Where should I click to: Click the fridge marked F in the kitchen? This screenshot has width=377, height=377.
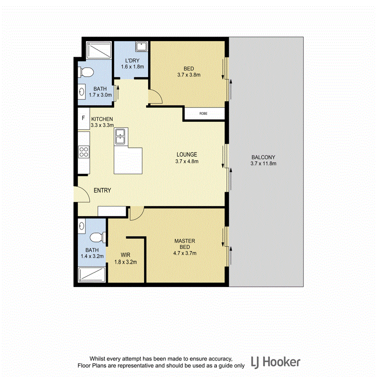83,119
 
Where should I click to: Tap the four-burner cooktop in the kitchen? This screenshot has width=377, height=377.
84,151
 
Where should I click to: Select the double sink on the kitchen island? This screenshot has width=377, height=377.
121,137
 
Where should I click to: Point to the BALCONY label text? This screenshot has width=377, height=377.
263,158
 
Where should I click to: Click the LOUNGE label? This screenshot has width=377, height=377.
187,154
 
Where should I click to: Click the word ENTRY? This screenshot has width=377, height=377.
102,191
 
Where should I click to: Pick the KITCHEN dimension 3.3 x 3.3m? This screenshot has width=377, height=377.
102,125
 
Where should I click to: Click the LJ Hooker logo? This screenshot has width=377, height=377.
275,362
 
